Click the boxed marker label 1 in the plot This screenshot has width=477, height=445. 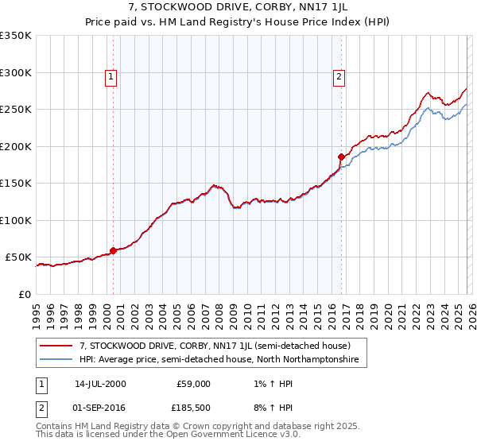[110, 77]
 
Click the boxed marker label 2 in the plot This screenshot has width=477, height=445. [339, 77]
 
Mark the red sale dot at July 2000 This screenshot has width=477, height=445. [114, 250]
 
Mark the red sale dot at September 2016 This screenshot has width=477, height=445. [341, 157]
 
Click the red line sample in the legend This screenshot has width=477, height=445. [57, 346]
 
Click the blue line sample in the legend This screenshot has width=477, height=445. [57, 360]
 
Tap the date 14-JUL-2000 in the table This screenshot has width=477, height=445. [100, 384]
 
